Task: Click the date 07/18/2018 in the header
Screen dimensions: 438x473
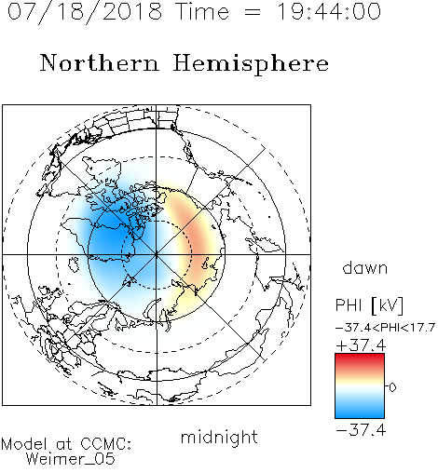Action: [x=85, y=12]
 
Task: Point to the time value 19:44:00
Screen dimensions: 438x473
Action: [x=329, y=12]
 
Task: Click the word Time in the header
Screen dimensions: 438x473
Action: [x=202, y=12]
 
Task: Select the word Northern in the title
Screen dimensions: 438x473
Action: [x=100, y=62]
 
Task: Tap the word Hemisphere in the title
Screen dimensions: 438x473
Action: [x=251, y=64]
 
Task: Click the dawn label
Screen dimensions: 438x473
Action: [x=365, y=267]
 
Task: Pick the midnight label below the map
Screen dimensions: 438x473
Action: [x=219, y=437]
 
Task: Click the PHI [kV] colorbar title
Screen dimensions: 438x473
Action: [x=369, y=305]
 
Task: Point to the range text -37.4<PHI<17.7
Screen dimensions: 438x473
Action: [x=385, y=328]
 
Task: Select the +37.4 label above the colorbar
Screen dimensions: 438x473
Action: [x=361, y=345]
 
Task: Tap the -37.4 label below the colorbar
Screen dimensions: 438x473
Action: [x=361, y=430]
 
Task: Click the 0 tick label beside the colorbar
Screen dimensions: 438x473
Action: [x=392, y=387]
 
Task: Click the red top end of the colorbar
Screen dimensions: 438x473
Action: [x=360, y=357]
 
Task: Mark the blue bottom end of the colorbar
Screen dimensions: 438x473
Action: [x=360, y=415]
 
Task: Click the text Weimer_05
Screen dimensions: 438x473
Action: [x=71, y=459]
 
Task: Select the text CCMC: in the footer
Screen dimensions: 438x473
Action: [x=106, y=444]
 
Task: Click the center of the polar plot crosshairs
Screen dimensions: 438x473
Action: [x=157, y=254]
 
